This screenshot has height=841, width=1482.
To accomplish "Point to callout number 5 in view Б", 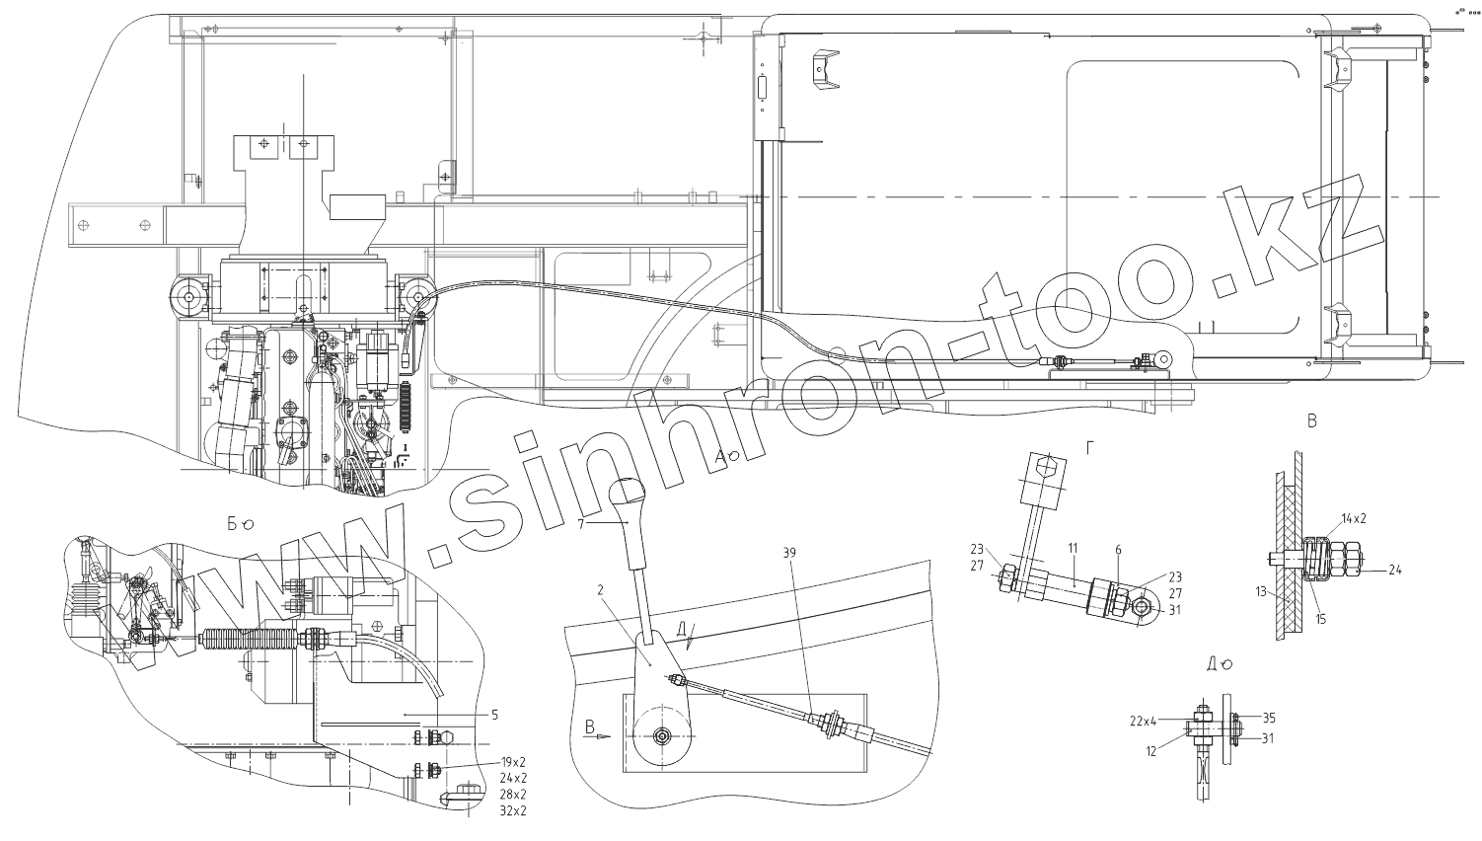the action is [495, 714].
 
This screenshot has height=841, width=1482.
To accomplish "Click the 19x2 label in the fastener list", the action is [514, 763].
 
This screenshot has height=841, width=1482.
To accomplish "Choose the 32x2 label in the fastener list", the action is [514, 810].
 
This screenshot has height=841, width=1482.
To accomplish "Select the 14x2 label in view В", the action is [1354, 518].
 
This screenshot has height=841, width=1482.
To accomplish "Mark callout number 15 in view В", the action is [1320, 619].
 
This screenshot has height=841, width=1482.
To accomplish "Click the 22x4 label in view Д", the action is [1143, 721].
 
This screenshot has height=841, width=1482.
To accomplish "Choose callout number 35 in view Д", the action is [1269, 718].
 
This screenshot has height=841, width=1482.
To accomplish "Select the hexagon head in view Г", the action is [1048, 467].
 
